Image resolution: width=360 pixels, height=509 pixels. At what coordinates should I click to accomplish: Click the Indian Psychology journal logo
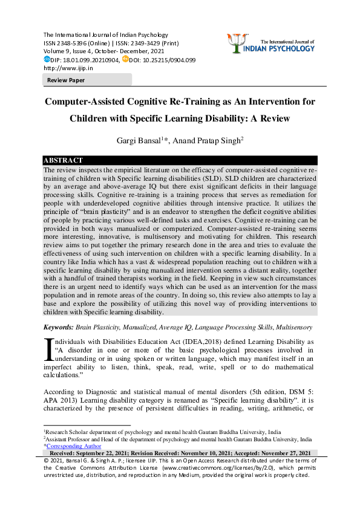pos(280,42)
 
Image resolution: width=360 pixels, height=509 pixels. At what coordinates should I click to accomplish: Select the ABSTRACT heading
pos(62,160)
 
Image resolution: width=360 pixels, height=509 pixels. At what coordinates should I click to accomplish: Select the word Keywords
pos(58,327)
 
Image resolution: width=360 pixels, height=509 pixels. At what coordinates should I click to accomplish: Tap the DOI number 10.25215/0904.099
pos(166,60)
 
